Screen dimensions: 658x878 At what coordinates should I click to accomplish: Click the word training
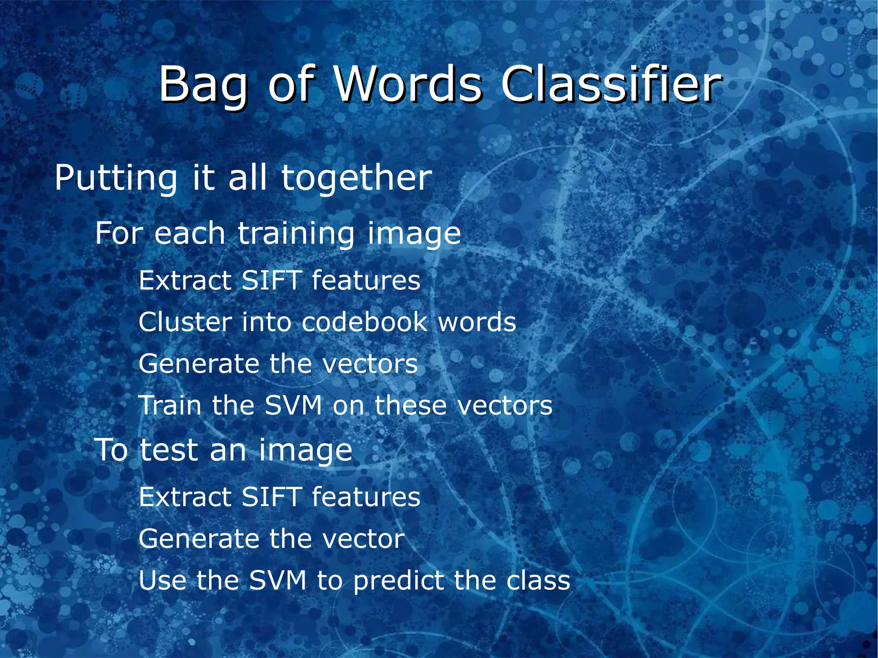pos(296,234)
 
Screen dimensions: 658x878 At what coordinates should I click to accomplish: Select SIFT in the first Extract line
pos(271,281)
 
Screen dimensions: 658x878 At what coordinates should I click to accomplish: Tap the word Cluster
pos(185,322)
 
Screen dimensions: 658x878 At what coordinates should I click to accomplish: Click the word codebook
pos(364,322)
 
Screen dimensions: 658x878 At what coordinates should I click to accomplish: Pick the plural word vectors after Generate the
pos(370,364)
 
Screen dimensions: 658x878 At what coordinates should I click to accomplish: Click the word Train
pos(170,406)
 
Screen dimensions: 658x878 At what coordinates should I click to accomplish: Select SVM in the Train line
pos(293,406)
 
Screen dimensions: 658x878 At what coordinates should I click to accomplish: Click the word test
pos(169,451)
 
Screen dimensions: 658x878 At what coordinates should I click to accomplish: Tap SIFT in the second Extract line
pos(271,497)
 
